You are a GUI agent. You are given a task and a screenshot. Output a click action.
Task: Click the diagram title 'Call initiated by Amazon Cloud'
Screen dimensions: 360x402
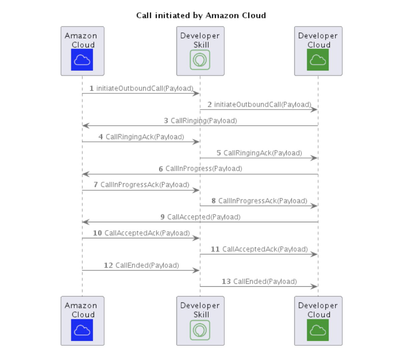201,15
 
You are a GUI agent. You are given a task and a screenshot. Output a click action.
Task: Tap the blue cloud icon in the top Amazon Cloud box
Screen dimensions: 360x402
82,60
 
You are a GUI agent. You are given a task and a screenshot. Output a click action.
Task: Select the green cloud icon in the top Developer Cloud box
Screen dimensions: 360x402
318,60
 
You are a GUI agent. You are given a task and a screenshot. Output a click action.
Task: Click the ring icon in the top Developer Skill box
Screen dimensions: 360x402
200,60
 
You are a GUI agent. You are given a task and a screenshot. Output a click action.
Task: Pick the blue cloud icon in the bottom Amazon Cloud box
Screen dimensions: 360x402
82,330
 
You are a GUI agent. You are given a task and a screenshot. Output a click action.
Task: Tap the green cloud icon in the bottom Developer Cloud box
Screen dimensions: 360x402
318,330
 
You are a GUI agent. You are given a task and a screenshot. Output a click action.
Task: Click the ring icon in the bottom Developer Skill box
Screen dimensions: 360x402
200,330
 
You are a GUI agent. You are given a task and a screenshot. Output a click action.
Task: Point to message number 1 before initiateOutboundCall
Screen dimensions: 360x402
91,88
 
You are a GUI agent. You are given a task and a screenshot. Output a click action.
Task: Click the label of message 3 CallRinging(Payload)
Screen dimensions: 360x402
204,121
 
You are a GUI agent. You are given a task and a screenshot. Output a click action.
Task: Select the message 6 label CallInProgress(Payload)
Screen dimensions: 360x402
204,169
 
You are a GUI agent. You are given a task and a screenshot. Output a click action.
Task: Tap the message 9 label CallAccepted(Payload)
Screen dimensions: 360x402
204,217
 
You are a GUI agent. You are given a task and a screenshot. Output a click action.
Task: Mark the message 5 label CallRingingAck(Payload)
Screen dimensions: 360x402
263,153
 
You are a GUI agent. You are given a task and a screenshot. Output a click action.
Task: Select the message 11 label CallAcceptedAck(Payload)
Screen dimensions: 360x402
262,249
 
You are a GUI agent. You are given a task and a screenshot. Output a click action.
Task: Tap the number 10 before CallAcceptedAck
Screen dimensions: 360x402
97,233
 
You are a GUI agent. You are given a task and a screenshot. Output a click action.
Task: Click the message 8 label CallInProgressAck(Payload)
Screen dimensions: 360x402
263,201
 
